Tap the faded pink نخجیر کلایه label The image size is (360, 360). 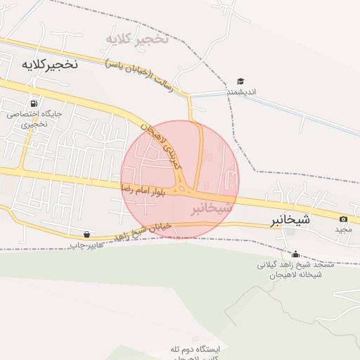pos(137,38)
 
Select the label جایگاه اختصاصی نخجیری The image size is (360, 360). pos(34,118)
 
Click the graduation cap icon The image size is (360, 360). pos(240,82)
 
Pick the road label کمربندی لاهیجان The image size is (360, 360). pos(162,144)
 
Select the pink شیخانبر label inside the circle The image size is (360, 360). pos(210,209)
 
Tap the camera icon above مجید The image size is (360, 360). pos(343,219)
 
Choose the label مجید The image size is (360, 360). pos(342,230)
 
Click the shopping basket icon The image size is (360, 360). pos(86,234)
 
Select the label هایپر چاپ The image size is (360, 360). pos(86,245)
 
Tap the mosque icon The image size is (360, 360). pos(295,255)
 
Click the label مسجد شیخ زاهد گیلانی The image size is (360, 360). pos(295,265)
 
